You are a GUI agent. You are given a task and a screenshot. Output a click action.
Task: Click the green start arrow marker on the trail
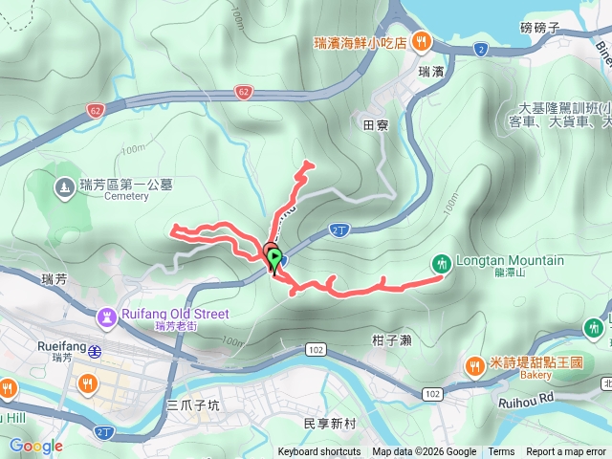[275, 257]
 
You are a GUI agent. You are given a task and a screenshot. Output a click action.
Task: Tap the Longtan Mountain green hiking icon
[441, 262]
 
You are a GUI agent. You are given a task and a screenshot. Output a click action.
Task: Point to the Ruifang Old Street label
[176, 314]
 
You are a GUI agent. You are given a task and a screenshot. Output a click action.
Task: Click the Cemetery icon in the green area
[65, 187]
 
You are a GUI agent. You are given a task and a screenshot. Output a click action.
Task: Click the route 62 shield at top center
[244, 93]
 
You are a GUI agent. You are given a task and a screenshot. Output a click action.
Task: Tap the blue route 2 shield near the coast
[479, 48]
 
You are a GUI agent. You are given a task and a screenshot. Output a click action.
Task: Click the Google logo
[35, 446]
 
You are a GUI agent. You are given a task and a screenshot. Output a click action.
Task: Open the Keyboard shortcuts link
[319, 452]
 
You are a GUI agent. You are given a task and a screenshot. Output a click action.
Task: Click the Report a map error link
[566, 452]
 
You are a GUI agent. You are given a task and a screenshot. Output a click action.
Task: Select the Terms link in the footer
[501, 452]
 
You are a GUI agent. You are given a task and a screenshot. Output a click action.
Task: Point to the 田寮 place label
[375, 123]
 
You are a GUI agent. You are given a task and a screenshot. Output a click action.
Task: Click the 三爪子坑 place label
[194, 405]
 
